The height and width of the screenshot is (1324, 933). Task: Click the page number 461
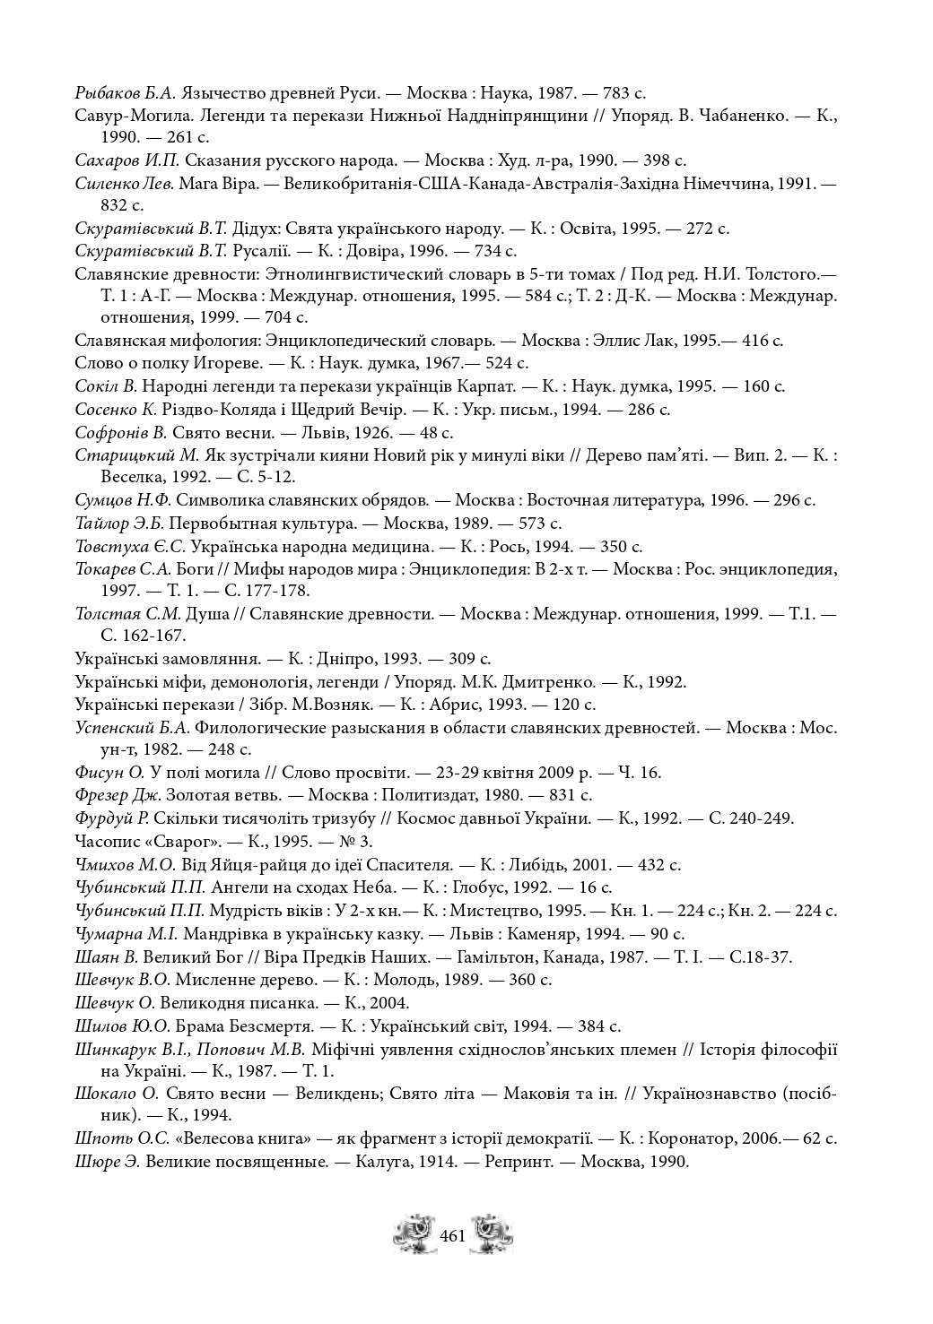pos(453,1236)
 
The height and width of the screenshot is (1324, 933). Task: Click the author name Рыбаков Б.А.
pos(126,92)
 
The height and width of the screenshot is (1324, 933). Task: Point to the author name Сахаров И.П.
pos(127,160)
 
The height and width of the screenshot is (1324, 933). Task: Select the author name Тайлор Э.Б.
pos(118,523)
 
